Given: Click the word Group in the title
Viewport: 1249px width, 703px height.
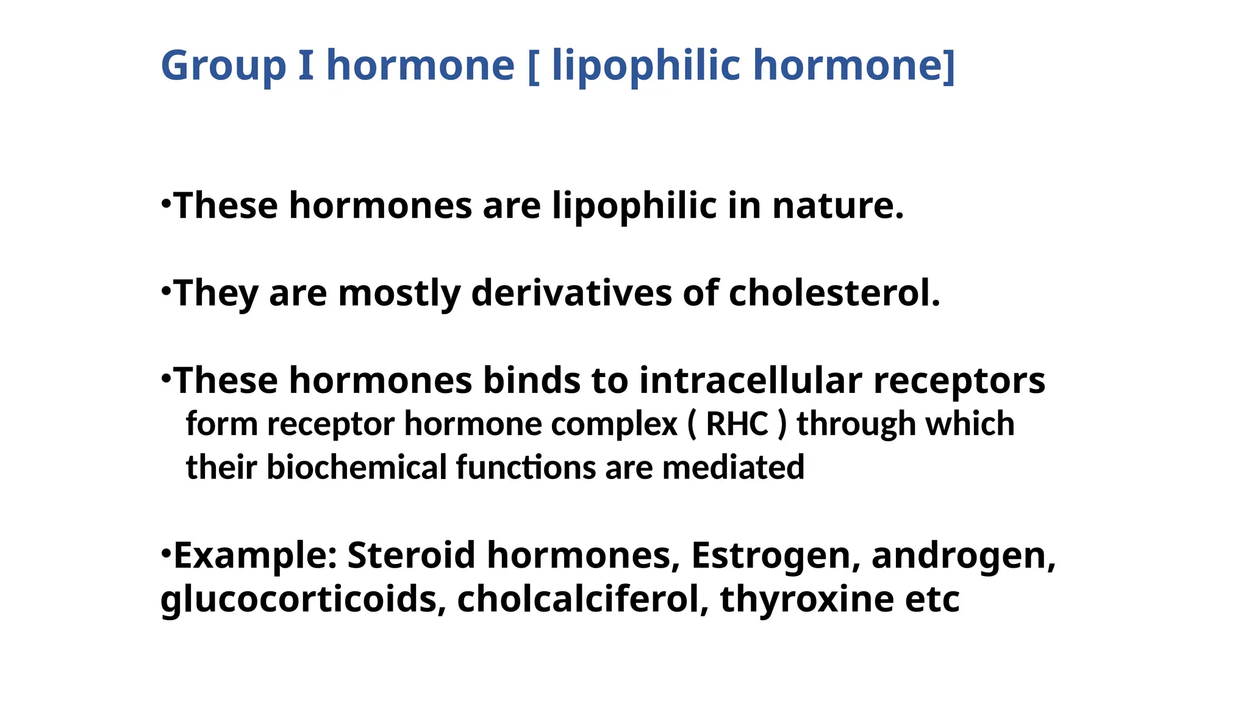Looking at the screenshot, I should coord(223,66).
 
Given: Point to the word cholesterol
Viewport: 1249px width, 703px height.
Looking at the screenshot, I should coord(834,293).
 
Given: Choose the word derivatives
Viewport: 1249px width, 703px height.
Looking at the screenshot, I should coord(571,293).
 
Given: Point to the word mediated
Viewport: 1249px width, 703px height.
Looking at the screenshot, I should coord(733,467).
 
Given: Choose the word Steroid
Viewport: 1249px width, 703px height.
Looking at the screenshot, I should coord(411,555).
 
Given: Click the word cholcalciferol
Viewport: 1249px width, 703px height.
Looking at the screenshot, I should coord(582,599).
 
